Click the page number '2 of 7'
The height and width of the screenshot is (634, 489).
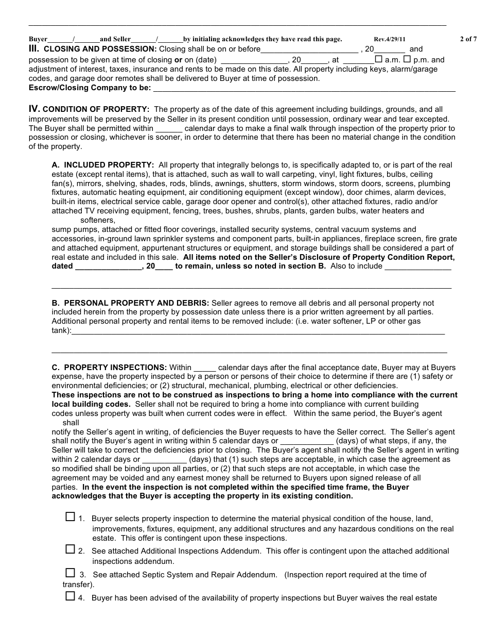click(x=468, y=39)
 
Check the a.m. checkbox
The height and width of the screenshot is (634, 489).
click(x=379, y=59)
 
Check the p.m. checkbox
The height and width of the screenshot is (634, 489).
click(x=407, y=59)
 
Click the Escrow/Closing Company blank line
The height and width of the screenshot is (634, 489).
click(x=304, y=89)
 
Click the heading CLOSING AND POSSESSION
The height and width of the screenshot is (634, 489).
click(x=100, y=49)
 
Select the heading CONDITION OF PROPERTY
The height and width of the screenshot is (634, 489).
click(x=96, y=109)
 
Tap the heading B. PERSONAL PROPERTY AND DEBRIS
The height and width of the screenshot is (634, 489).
click(x=130, y=303)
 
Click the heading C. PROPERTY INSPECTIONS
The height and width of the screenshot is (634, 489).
click(x=109, y=368)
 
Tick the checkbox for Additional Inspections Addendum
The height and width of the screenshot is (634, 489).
click(x=71, y=549)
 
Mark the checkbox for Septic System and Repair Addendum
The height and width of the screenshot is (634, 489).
click(x=71, y=573)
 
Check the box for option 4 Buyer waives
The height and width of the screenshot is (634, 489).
click(x=71, y=596)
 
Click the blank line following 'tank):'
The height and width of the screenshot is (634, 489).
click(x=257, y=331)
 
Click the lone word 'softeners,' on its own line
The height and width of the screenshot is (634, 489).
click(x=98, y=220)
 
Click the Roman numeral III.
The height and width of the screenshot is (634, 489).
click(x=34, y=49)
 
